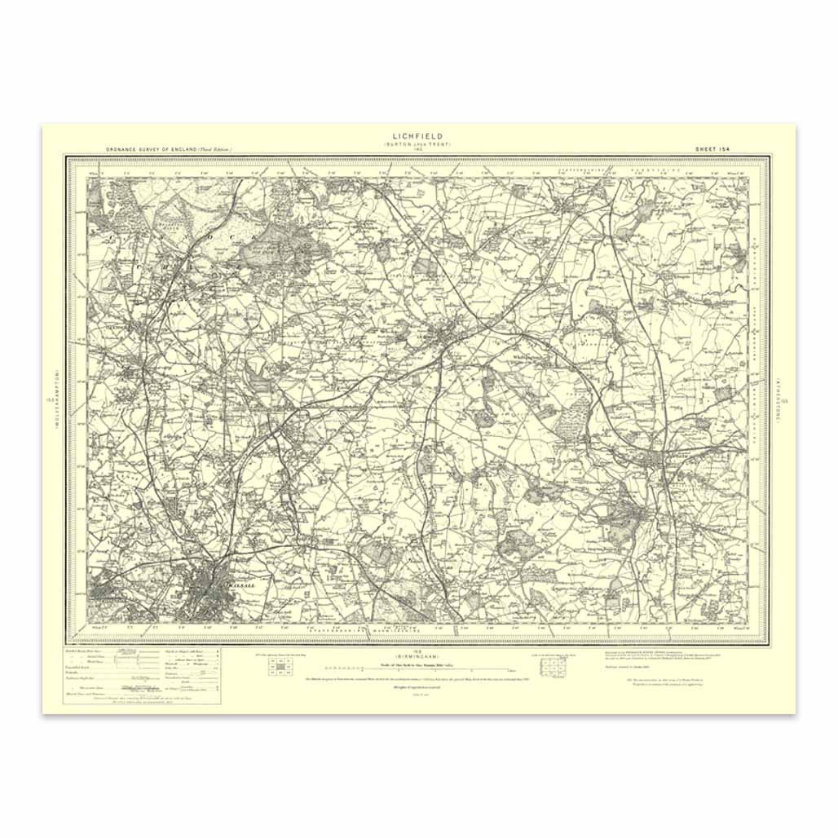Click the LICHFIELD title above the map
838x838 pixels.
(418, 136)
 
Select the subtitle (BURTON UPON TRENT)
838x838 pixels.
(418, 144)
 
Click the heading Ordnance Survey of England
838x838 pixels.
(169, 150)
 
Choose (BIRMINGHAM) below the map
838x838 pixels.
(417, 656)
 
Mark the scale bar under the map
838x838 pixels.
(417, 668)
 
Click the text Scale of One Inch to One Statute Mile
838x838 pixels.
(417, 662)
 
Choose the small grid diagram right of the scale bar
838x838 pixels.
(559, 669)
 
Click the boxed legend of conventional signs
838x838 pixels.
(143, 676)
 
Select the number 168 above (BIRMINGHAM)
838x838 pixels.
(417, 651)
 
